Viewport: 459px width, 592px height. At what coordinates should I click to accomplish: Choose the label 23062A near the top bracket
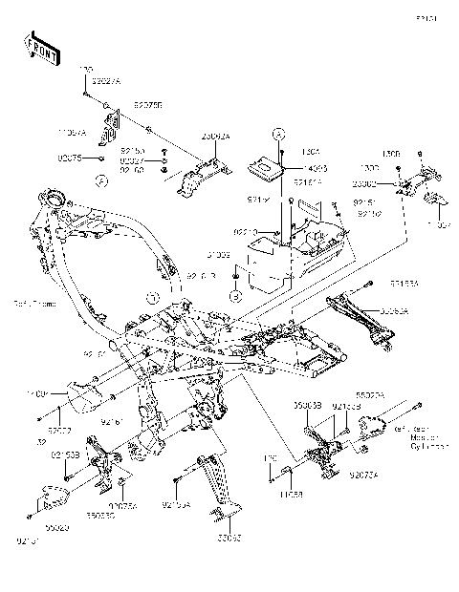point(216,137)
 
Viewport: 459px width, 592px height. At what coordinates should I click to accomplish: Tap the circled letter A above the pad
point(278,132)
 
